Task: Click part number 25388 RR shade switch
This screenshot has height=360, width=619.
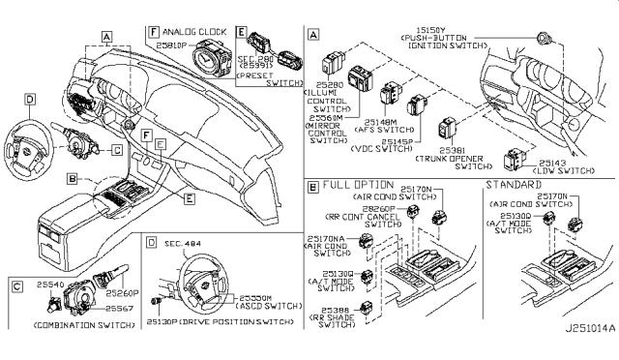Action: click(x=332, y=309)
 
